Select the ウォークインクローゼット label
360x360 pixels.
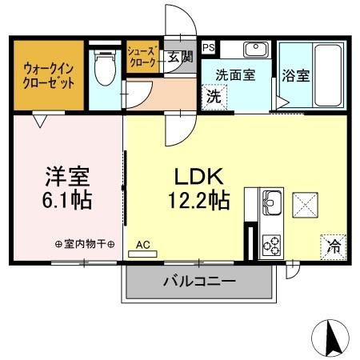tap(49, 75)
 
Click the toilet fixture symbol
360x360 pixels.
tap(103, 70)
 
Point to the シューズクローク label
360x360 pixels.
tap(143, 57)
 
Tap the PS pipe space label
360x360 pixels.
tap(208, 48)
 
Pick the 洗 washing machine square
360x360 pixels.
tap(214, 96)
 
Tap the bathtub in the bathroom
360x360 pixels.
tap(328, 74)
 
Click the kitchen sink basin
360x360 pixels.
tap(271, 200)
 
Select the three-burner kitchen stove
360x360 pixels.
tap(271, 242)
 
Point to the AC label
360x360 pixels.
tap(142, 245)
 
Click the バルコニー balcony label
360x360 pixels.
tap(199, 282)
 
